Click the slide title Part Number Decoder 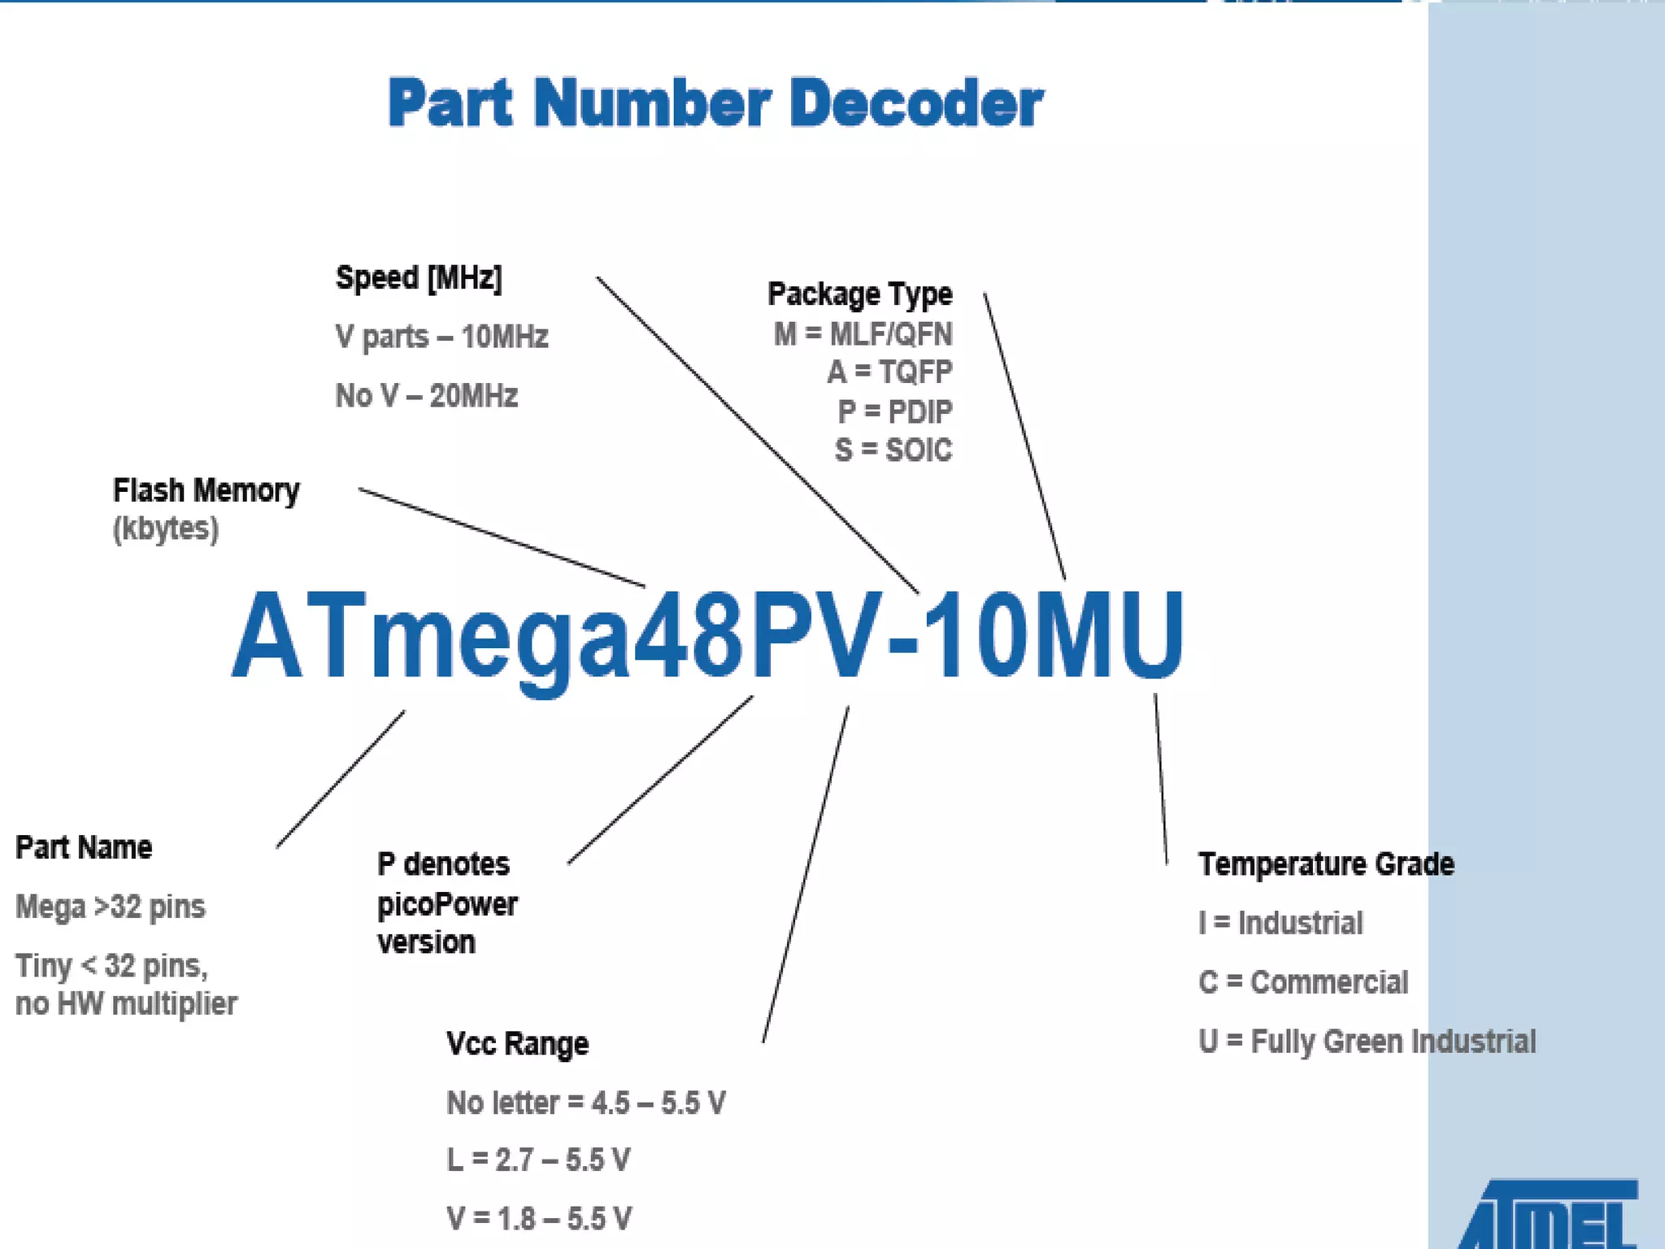pos(715,103)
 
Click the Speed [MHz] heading pos(419,278)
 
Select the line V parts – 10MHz pos(441,337)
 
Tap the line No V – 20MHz pos(426,396)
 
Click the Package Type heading pos(859,294)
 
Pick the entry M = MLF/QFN pos(863,334)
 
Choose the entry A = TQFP pos(889,372)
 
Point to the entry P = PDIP pos(894,411)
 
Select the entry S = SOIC pos(893,450)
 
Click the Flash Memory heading pos(206,490)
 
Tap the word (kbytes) pos(166,529)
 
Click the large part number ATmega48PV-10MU pos(707,634)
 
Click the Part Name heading pos(84,847)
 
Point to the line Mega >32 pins pos(111,907)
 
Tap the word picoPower pos(447,904)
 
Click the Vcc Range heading pos(517,1043)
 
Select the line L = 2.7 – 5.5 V pos(538,1160)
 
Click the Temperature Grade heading pos(1326,864)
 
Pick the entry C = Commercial pos(1303,982)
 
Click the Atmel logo pos(1549,1216)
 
